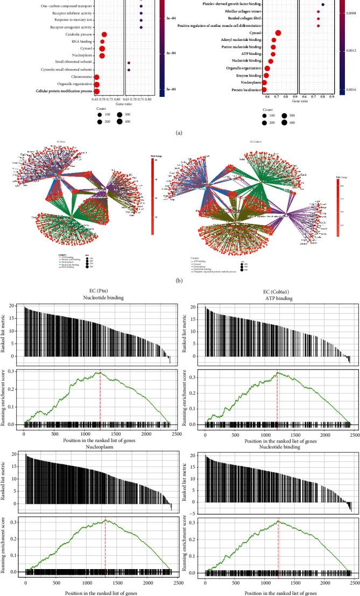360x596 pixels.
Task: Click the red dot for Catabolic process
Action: [x=104, y=34]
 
